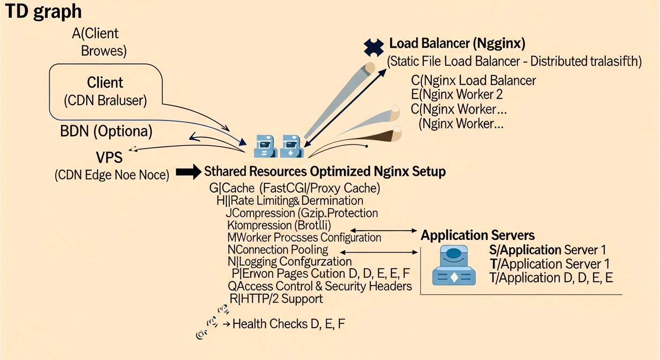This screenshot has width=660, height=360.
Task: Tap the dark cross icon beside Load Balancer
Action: coord(374,46)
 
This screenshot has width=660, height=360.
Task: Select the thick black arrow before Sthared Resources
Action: coord(188,172)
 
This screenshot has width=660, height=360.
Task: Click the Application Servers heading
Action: coord(478,235)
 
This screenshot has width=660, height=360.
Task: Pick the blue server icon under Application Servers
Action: coord(453,266)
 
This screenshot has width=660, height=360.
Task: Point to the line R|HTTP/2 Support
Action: coord(276,299)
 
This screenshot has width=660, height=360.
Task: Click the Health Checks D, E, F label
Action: coord(289,323)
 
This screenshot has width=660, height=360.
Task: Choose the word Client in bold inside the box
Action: coord(105,82)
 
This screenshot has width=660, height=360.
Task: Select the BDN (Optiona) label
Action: coord(106,131)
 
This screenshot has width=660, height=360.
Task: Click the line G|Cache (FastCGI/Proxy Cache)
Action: coord(294,188)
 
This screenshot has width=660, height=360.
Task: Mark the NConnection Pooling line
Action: coord(277,249)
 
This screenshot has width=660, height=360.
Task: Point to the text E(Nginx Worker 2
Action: coord(457,94)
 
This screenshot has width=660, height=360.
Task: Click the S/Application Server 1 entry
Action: coord(547,250)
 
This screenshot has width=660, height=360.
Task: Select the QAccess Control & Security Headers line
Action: coord(320,286)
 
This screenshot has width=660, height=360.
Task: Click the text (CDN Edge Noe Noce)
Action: coord(112,175)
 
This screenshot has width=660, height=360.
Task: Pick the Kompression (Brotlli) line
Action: coord(279,225)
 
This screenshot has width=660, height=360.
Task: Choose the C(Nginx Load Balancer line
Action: coord(473,80)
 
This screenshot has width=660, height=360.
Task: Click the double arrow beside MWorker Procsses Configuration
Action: coord(384,230)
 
